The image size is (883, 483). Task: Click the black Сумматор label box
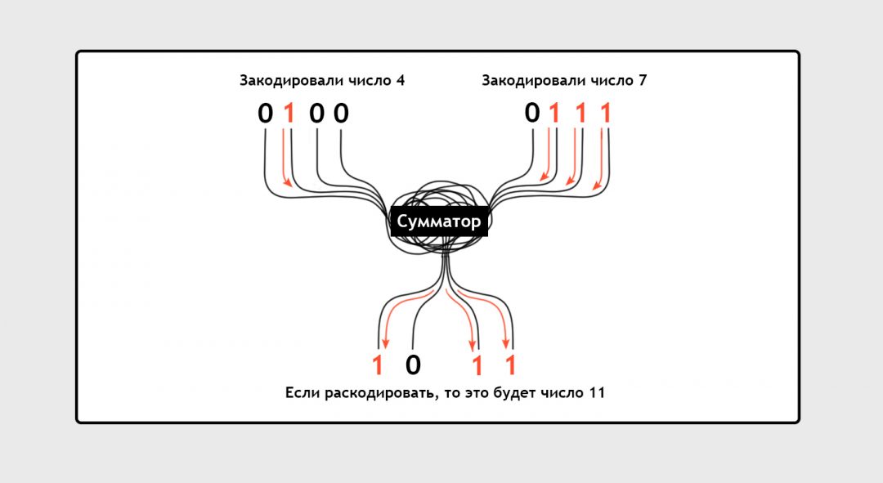(x=439, y=221)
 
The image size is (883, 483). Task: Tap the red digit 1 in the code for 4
(x=289, y=114)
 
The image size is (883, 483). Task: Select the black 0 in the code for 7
(x=532, y=113)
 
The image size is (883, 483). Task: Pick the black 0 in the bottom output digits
(x=413, y=365)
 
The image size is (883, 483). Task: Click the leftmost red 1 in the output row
(x=377, y=365)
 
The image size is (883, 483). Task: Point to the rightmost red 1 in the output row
(x=510, y=365)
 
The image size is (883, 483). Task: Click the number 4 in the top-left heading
(x=401, y=80)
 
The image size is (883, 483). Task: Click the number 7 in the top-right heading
(x=643, y=80)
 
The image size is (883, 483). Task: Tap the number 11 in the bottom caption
(x=598, y=392)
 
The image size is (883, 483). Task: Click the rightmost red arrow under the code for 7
(x=601, y=160)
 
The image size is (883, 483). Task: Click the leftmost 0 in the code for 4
(x=265, y=114)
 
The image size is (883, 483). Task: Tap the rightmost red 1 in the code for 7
(x=606, y=114)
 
